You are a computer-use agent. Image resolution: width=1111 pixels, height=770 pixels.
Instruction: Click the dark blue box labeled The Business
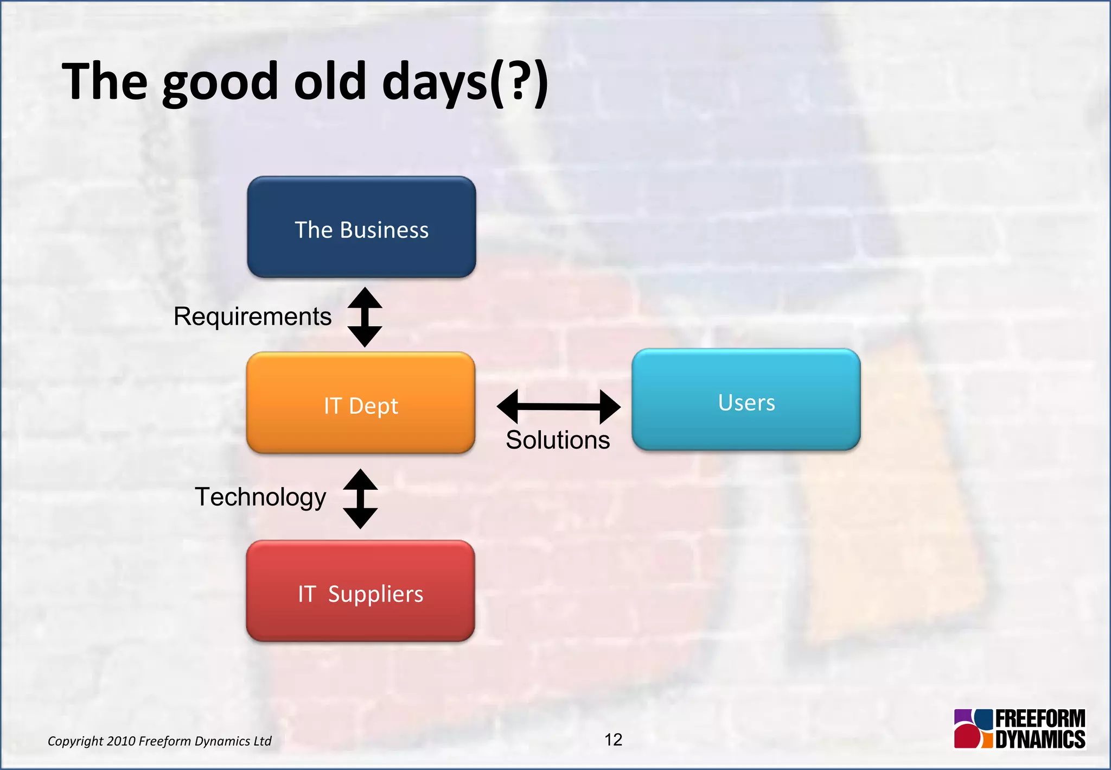tap(361, 227)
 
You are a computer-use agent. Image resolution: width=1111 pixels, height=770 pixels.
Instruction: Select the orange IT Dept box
tap(361, 403)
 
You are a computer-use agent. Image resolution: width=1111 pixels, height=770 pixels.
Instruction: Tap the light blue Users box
tap(746, 400)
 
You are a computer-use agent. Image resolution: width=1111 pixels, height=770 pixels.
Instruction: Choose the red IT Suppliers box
tap(360, 591)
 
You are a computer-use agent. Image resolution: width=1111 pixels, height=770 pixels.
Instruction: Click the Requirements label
tap(252, 317)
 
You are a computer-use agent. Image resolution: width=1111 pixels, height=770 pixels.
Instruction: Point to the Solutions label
tap(558, 440)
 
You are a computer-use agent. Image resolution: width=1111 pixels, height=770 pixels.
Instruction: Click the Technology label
tap(260, 497)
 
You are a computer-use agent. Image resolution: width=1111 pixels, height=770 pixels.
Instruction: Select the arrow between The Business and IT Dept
tap(365, 317)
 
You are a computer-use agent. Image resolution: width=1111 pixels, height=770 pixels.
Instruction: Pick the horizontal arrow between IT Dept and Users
tap(558, 407)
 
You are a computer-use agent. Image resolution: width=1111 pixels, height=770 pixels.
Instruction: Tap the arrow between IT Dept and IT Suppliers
tap(360, 498)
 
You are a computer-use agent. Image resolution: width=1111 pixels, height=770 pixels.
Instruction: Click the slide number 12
tap(613, 740)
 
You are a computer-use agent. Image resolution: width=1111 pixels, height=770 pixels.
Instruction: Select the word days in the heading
tap(435, 83)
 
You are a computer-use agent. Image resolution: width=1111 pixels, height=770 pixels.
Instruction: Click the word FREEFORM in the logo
tap(1040, 719)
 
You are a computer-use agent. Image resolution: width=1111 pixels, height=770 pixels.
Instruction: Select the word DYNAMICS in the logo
tap(1040, 740)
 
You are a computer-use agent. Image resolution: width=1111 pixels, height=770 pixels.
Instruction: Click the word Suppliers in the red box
tap(375, 595)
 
